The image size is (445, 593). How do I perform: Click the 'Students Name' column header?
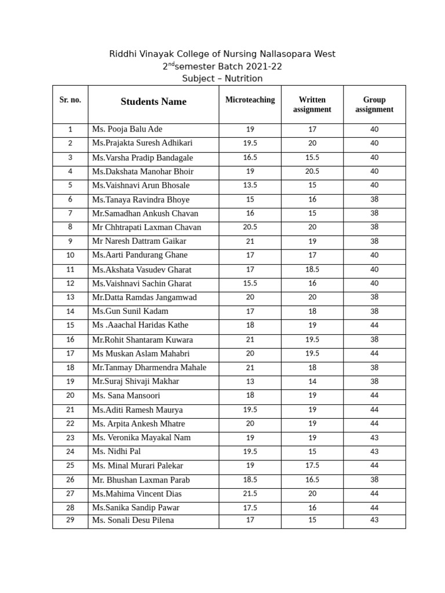[x=154, y=102]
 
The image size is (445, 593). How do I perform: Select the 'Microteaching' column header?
[x=250, y=100]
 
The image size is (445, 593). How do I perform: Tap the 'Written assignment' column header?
[x=312, y=105]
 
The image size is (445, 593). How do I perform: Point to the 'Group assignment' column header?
[x=374, y=105]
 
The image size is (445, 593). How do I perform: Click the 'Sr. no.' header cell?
[x=70, y=100]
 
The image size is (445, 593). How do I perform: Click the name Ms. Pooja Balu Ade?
[x=127, y=129]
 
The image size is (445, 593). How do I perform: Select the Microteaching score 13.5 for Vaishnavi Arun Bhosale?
[x=250, y=185]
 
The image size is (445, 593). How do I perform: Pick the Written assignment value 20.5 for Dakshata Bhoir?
[x=312, y=171]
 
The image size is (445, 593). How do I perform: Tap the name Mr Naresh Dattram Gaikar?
[x=139, y=241]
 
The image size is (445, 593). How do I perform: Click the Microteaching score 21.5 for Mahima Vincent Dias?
[x=250, y=494]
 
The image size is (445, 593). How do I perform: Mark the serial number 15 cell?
[x=70, y=325]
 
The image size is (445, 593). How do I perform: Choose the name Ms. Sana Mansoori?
[x=126, y=396]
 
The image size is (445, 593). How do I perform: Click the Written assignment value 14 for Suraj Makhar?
[x=312, y=382]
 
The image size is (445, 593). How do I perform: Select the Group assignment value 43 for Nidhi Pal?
[x=374, y=452]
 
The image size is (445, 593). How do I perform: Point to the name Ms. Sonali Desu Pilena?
[x=133, y=520]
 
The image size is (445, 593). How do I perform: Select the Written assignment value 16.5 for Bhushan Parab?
[x=312, y=480]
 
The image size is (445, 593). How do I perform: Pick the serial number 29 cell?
[x=70, y=520]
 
